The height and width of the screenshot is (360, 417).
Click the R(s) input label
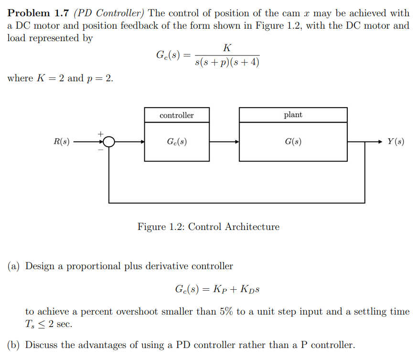pos(61,142)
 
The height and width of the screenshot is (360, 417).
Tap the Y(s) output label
pos(396,142)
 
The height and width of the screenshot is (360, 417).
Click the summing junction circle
pos(109,142)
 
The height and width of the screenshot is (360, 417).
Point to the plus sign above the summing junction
pos(101,134)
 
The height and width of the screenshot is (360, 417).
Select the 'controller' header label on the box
pos(177,115)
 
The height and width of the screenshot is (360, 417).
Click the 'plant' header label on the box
pos(293,115)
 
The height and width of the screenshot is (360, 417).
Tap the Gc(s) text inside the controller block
pos(177,142)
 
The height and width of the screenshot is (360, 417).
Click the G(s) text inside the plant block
pos(293,142)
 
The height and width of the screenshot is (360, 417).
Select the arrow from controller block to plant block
pos(224,142)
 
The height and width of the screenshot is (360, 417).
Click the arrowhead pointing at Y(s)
pos(380,142)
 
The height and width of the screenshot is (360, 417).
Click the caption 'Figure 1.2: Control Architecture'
pos(208,227)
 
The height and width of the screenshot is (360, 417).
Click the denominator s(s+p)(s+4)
pos(227,63)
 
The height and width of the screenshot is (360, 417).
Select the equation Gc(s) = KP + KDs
pos(217,289)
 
